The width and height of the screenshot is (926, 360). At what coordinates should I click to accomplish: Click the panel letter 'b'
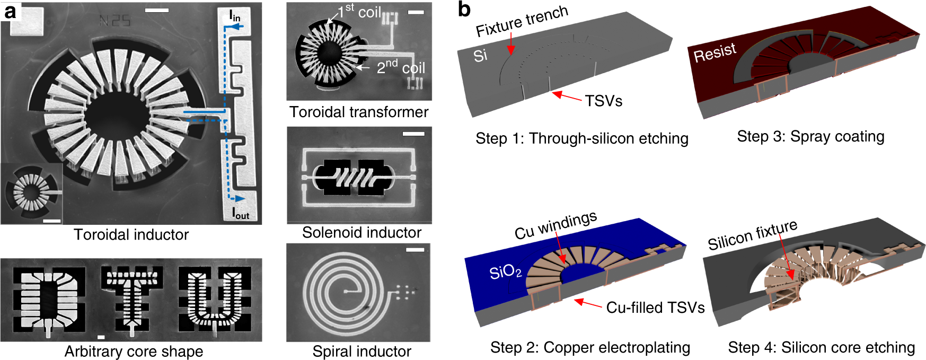(464, 9)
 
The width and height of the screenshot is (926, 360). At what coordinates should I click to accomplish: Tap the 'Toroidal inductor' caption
(131, 235)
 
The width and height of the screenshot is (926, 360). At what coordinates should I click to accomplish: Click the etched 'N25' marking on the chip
(114, 21)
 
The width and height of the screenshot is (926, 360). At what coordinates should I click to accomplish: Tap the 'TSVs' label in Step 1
(603, 101)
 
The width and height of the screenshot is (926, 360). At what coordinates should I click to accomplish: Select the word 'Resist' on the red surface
(715, 52)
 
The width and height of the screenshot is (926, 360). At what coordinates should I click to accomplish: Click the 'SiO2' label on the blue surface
(505, 273)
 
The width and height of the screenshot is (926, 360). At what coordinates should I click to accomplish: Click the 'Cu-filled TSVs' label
(655, 308)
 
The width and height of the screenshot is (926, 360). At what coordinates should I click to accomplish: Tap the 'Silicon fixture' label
(752, 234)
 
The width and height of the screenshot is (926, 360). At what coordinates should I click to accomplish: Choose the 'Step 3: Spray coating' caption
(810, 137)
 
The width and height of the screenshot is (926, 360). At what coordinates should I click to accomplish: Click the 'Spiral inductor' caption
(361, 352)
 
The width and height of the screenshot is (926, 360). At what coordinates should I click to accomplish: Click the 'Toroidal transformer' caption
(359, 112)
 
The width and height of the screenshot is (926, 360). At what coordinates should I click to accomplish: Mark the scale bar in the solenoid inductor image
(413, 134)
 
